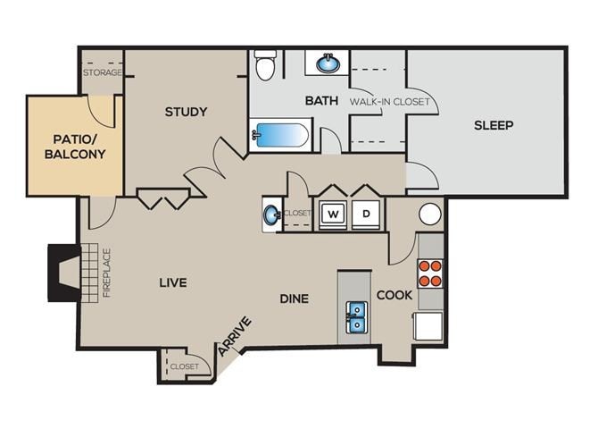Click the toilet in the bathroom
click(x=265, y=65)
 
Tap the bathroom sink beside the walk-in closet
click(x=328, y=63)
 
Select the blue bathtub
click(x=280, y=136)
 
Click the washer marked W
click(x=333, y=214)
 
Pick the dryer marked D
click(x=366, y=214)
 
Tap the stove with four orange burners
click(x=430, y=273)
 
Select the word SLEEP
click(x=494, y=125)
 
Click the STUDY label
click(x=186, y=112)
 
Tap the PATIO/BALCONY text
click(x=75, y=146)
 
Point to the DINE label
click(x=294, y=298)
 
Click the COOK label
click(x=394, y=294)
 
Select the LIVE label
click(x=172, y=282)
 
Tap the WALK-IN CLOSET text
click(x=389, y=101)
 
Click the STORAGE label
click(x=102, y=72)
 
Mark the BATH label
click(x=321, y=100)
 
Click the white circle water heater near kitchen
click(x=430, y=214)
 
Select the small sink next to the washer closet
click(x=271, y=214)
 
